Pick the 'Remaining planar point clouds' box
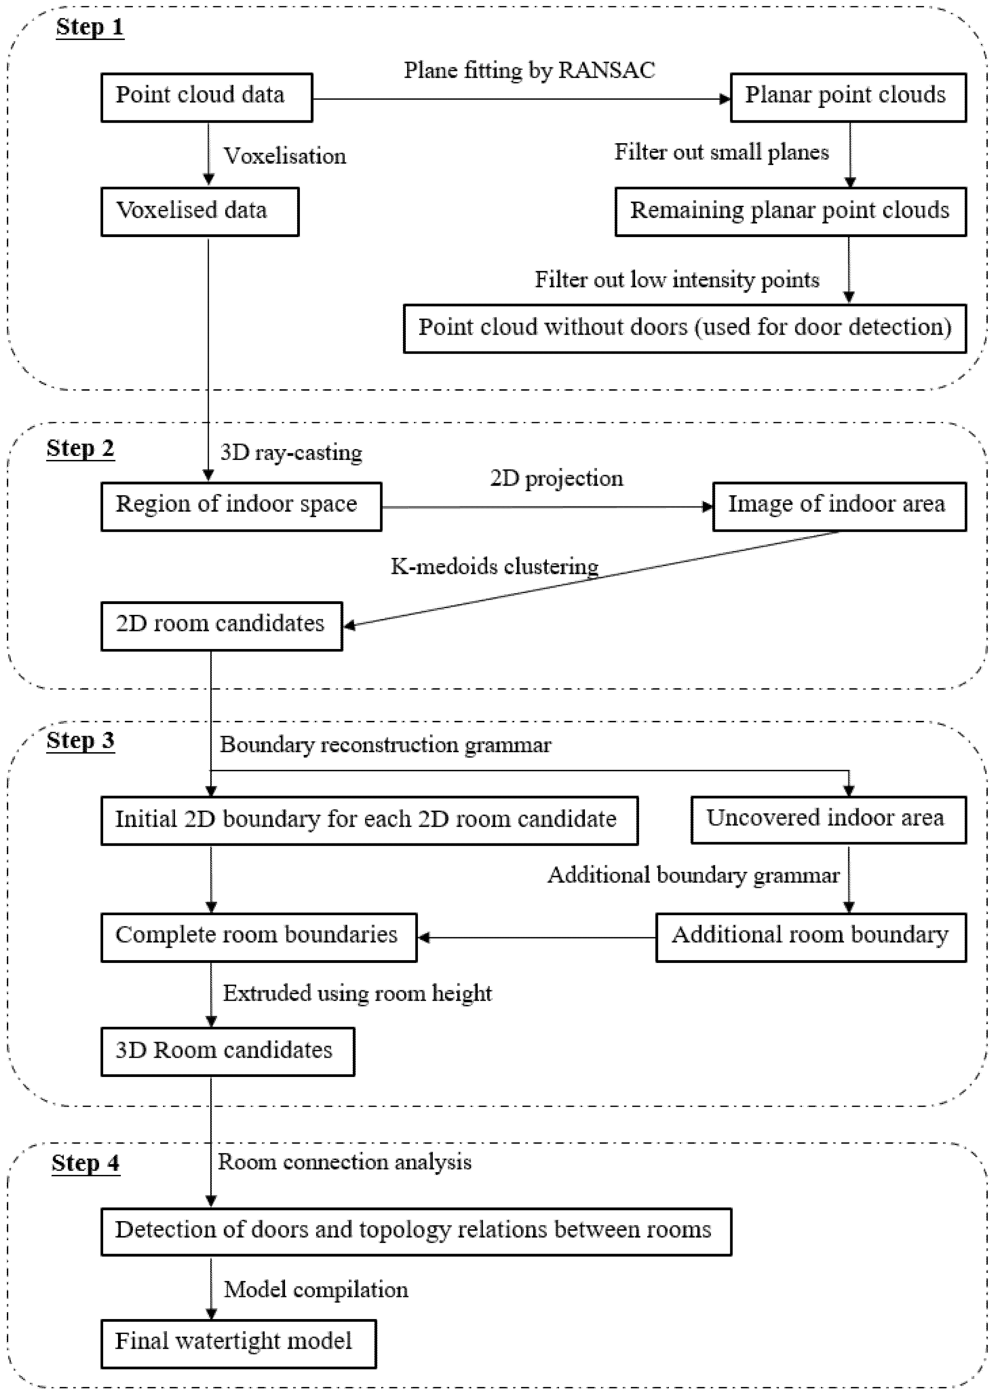790,212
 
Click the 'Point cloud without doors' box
684,328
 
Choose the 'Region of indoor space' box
241,506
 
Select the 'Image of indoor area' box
839,506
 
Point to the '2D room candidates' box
222,626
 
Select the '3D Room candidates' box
227,1052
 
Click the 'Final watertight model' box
239,1344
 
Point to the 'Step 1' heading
90,28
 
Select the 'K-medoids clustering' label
494,566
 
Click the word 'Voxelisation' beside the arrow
285,157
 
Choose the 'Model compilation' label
316,1290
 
